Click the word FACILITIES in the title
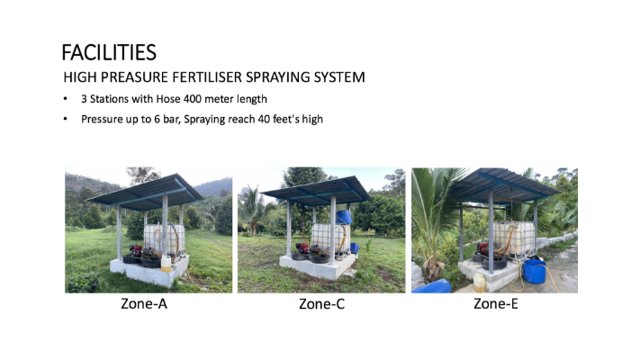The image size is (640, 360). tap(109, 53)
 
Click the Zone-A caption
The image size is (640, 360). tap(144, 304)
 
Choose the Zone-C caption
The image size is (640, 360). tap(321, 304)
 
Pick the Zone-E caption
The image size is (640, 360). tap(496, 304)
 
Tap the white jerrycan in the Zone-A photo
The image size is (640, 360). tap(167, 264)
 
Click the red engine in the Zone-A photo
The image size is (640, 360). tap(136, 250)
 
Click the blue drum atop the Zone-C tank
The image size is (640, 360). tap(344, 217)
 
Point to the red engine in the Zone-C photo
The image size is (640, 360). tap(302, 247)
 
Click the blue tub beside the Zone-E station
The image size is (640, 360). tap(535, 272)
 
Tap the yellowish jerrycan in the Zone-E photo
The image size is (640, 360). tap(480, 283)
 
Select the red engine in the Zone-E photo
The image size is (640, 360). tap(483, 247)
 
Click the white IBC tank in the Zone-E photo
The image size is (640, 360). tap(514, 238)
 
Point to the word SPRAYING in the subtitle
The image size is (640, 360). tap(277, 77)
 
